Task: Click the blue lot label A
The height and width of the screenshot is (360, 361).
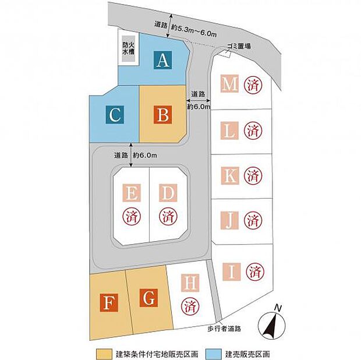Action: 163,60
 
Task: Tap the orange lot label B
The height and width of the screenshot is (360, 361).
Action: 163,115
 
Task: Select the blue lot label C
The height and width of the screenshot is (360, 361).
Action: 115,115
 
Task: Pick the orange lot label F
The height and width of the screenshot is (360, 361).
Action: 109,303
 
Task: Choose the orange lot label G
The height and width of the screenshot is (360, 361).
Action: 148,298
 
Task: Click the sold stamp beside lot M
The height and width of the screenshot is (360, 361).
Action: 253,85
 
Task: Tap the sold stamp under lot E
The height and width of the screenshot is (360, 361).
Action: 132,217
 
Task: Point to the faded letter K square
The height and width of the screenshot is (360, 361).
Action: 230,175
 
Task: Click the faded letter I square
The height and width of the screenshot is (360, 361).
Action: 232,272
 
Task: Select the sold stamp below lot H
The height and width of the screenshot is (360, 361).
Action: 190,306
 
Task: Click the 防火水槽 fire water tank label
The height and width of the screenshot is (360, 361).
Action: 128,48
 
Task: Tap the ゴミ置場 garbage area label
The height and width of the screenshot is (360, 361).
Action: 239,46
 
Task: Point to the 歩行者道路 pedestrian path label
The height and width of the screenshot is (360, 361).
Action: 224,329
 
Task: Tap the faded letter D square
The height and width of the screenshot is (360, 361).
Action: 168,193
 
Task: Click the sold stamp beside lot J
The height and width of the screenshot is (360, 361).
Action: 253,221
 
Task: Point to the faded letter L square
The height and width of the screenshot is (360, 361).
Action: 229,130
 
